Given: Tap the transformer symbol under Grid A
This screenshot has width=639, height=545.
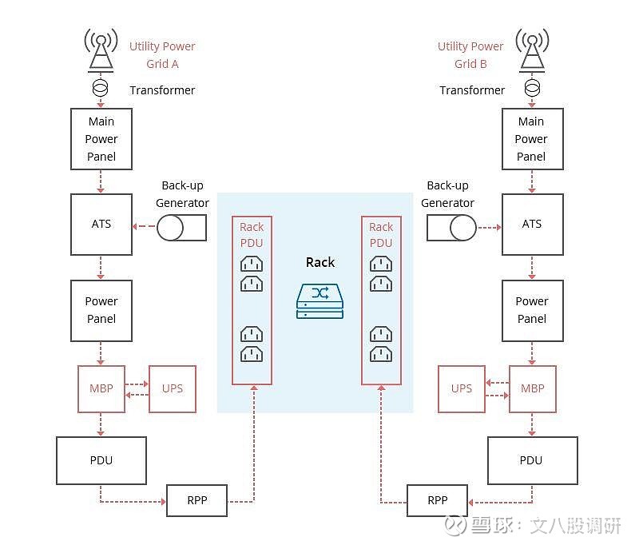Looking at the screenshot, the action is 101,88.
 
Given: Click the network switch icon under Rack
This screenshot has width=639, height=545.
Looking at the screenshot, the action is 320,301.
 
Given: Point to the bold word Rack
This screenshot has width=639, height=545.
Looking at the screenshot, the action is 320,262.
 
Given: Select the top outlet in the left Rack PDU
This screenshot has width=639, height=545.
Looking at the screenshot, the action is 252,264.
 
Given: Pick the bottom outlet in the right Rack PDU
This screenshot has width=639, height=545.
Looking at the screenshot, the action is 381,354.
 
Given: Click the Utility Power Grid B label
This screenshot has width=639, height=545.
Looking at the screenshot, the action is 470,55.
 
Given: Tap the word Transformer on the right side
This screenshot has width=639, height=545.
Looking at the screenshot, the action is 472,90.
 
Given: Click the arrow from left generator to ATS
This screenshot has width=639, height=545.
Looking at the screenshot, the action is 145,226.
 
